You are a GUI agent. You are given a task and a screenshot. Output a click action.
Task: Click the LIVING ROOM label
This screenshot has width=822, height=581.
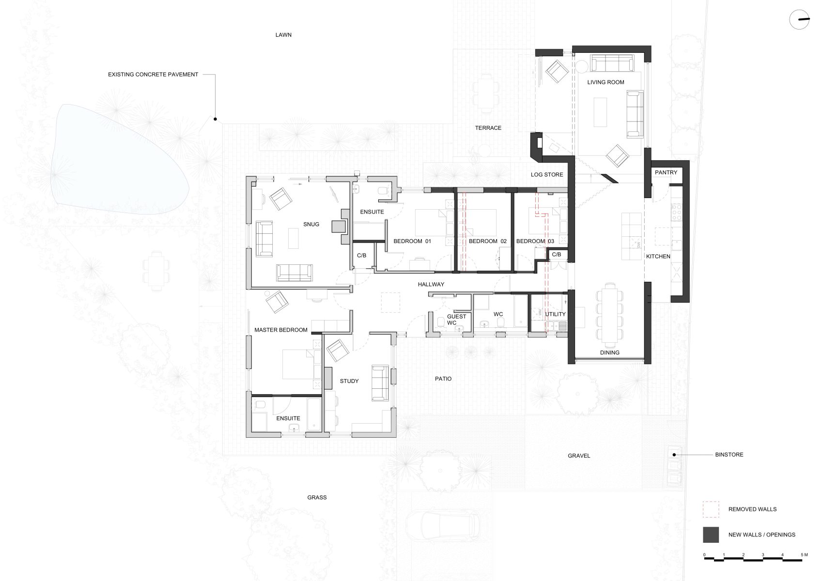[x=605, y=82]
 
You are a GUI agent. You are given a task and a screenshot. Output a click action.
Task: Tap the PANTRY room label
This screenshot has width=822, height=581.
[x=666, y=172]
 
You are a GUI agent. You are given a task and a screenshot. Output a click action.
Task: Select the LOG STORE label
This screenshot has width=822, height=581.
[x=547, y=174]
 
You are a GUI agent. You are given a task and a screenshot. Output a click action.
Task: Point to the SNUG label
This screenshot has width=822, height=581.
[x=311, y=224]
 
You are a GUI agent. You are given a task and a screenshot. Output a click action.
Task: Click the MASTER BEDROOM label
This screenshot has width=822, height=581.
[x=281, y=330]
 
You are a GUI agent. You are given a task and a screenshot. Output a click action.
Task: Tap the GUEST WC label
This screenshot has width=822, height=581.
[x=456, y=320]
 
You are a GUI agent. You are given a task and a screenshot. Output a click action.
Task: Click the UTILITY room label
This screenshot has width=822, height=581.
[x=555, y=314]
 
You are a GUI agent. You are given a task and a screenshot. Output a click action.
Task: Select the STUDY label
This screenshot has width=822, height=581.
[x=349, y=381]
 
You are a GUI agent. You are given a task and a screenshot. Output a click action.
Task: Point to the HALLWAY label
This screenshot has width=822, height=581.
[x=431, y=284]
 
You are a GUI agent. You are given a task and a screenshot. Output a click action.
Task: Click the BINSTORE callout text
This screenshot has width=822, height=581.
[x=729, y=455]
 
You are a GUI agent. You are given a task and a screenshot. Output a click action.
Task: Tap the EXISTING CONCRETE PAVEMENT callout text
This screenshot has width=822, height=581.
[x=153, y=75]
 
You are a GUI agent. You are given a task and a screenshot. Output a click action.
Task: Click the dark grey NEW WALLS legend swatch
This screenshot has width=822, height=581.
[x=711, y=535]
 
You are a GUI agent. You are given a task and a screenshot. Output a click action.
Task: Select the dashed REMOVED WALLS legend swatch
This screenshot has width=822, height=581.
[x=711, y=509]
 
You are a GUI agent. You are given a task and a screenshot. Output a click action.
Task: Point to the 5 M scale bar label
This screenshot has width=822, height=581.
[x=804, y=554]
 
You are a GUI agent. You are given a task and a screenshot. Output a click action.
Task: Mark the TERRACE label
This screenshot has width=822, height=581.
[x=488, y=128]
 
